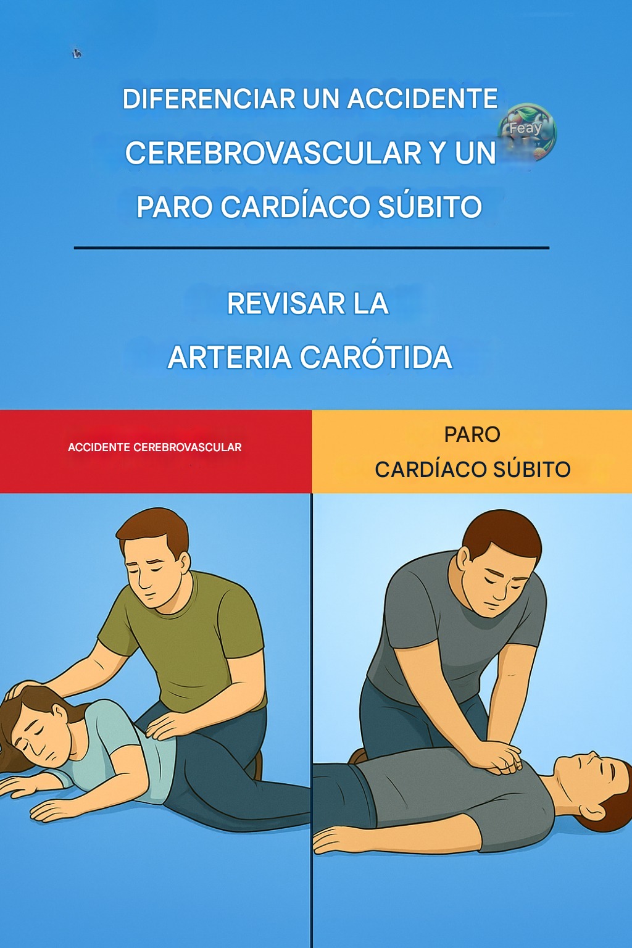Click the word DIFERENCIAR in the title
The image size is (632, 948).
tap(209, 99)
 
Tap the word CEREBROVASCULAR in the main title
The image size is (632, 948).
tap(273, 153)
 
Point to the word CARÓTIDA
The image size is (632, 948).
tap(376, 357)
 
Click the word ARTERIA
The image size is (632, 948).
tap(230, 357)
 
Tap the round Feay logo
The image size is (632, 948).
tap(527, 133)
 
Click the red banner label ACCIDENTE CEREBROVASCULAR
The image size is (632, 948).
tap(154, 447)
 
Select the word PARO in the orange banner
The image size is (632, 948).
tap(472, 434)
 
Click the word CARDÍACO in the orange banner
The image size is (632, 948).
tap(430, 469)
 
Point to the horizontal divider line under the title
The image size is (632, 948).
tap(312, 247)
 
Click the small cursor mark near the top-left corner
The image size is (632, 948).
tap(77, 53)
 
